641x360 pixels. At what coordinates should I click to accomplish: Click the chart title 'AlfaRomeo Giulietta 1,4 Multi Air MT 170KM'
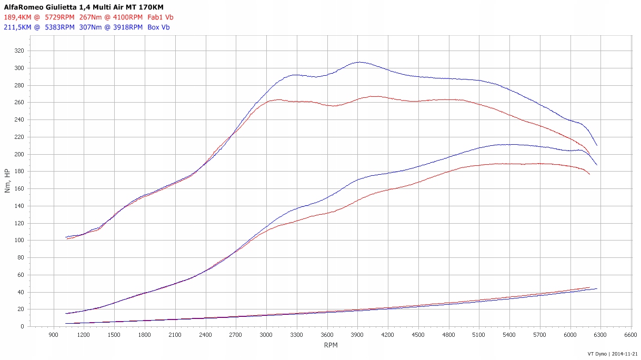tap(77, 7)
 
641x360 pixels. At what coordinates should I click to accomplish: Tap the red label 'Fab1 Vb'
tap(161, 17)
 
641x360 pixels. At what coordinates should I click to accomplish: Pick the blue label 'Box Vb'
tap(158, 27)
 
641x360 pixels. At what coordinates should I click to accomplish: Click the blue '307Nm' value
tap(91, 27)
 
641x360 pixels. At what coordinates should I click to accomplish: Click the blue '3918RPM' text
tap(128, 27)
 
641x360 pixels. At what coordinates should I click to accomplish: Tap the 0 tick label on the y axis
tap(22, 327)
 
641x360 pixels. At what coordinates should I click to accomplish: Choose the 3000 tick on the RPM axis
tap(266, 335)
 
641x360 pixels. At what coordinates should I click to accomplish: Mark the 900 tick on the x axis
tap(54, 335)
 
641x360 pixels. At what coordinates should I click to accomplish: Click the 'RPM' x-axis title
tap(331, 345)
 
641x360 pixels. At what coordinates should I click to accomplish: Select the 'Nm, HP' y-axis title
tap(7, 181)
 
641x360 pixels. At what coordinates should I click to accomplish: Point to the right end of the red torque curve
tap(589, 154)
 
